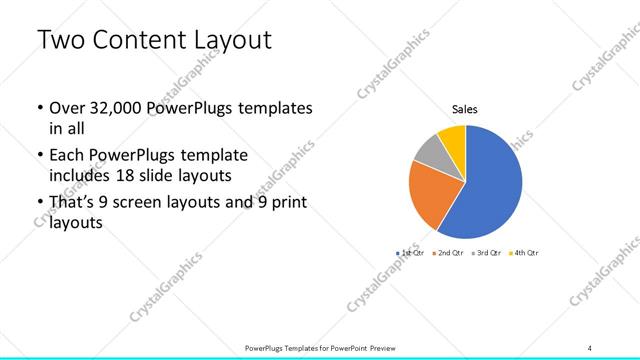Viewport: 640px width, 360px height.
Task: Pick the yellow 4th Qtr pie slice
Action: tap(453, 137)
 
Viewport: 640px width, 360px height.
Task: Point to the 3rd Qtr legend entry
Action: tap(487, 253)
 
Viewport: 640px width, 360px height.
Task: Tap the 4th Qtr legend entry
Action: tap(524, 253)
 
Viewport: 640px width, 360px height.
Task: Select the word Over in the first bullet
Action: tap(67, 107)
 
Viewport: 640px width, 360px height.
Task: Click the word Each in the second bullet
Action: tap(67, 155)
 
